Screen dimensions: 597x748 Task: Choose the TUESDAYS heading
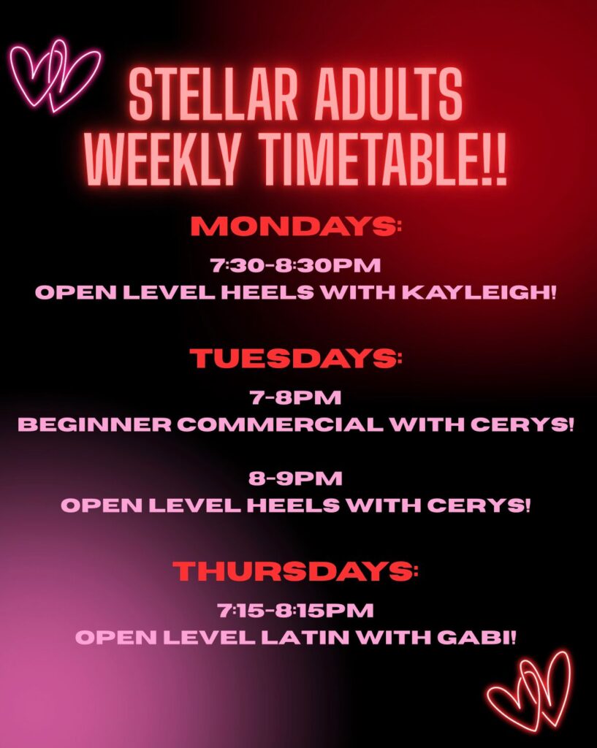coord(296,358)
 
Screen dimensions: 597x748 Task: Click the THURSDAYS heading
coord(295,571)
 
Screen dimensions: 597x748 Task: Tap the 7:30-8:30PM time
coord(296,265)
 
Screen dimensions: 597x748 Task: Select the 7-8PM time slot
coord(295,397)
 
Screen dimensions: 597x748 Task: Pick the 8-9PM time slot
coord(295,478)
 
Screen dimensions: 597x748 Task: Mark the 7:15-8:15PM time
coord(295,611)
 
